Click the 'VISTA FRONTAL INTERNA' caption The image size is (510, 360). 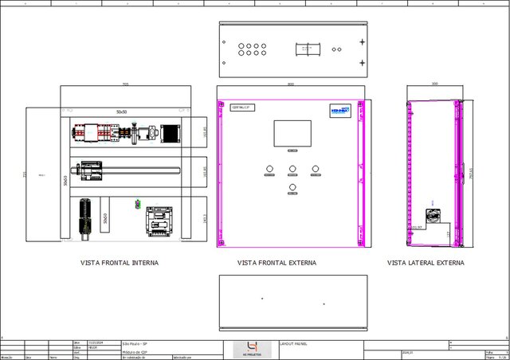(119, 262)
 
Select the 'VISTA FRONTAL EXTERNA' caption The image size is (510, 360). (277, 262)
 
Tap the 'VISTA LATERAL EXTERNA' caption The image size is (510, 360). (426, 262)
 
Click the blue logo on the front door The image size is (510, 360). (341, 112)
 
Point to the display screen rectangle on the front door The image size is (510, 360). (292, 133)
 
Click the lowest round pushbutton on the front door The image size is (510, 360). (292, 187)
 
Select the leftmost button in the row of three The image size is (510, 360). (269, 168)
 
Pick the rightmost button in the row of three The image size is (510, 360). (316, 168)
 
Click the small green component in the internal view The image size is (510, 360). (138, 205)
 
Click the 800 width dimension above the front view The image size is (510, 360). (291, 84)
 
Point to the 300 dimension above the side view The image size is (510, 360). (434, 84)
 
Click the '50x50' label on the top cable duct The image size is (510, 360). (121, 112)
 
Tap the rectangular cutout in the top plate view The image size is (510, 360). (307, 49)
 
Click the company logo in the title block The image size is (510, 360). (252, 349)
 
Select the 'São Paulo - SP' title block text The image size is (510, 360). (135, 343)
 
